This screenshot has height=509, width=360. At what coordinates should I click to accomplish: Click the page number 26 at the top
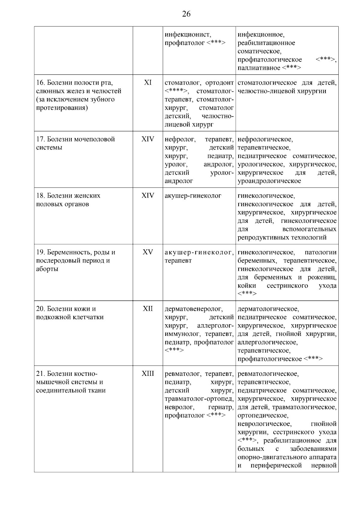[186, 14]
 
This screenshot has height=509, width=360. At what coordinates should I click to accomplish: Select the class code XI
[148, 82]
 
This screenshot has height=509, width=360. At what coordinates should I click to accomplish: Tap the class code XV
[148, 252]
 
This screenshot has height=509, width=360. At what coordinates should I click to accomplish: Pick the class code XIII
[148, 374]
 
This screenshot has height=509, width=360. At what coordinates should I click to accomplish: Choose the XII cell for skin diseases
[148, 309]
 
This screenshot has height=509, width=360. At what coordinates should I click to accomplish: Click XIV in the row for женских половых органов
[148, 196]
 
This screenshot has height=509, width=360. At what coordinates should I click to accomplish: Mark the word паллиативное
[259, 68]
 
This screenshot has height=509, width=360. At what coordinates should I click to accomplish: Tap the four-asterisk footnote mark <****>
[176, 91]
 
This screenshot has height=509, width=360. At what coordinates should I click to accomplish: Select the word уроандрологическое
[269, 181]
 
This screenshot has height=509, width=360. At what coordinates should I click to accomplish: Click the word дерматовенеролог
[193, 309]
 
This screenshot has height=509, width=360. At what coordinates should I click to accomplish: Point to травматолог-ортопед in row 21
[199, 399]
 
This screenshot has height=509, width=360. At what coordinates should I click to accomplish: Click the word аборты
[47, 269]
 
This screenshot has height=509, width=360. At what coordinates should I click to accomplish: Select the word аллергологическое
[267, 342]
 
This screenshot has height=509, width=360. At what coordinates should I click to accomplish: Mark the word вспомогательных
[309, 229]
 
